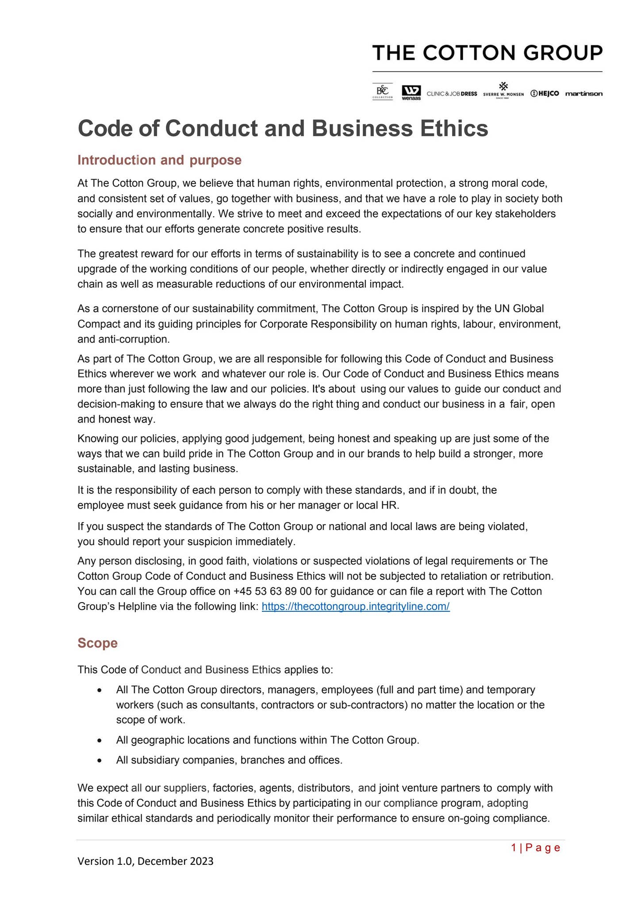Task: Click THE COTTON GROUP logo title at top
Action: pyautogui.click(x=487, y=53)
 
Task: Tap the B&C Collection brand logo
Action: pyautogui.click(x=382, y=92)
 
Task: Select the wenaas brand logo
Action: pyautogui.click(x=411, y=92)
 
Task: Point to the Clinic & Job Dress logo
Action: pyautogui.click(x=452, y=94)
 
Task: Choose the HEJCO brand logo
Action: pyautogui.click(x=545, y=93)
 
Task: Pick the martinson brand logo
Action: pyautogui.click(x=583, y=94)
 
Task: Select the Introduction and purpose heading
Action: pyautogui.click(x=159, y=160)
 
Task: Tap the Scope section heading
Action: pyautogui.click(x=97, y=643)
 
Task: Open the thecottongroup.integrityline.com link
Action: pyautogui.click(x=356, y=607)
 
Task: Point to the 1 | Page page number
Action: pyautogui.click(x=535, y=848)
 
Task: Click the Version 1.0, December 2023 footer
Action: pyautogui.click(x=146, y=861)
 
